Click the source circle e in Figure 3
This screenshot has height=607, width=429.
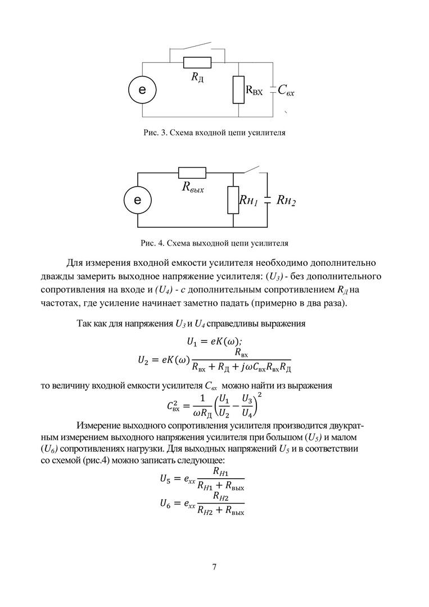(x=142, y=90)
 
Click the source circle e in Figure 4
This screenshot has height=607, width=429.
(x=138, y=201)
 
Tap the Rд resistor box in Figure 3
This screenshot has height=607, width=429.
(x=196, y=62)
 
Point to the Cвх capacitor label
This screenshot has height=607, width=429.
(x=286, y=90)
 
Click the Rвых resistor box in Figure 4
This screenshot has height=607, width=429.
(x=192, y=173)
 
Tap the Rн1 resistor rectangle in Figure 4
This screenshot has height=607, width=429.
(x=233, y=200)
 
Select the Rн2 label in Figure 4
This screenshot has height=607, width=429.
(x=286, y=201)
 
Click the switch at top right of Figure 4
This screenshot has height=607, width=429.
(x=251, y=169)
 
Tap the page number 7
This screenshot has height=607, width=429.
(x=214, y=566)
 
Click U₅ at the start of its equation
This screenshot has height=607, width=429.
(x=166, y=479)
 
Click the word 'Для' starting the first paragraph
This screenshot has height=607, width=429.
(x=75, y=263)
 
